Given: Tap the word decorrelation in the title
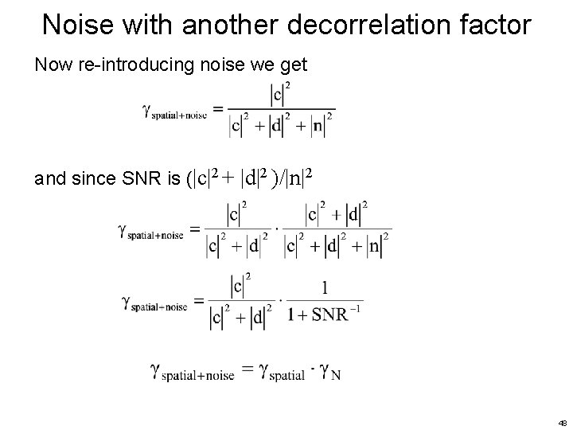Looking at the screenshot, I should [344, 25].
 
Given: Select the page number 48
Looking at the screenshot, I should [562, 421].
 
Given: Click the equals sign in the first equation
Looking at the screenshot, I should [216, 109].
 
